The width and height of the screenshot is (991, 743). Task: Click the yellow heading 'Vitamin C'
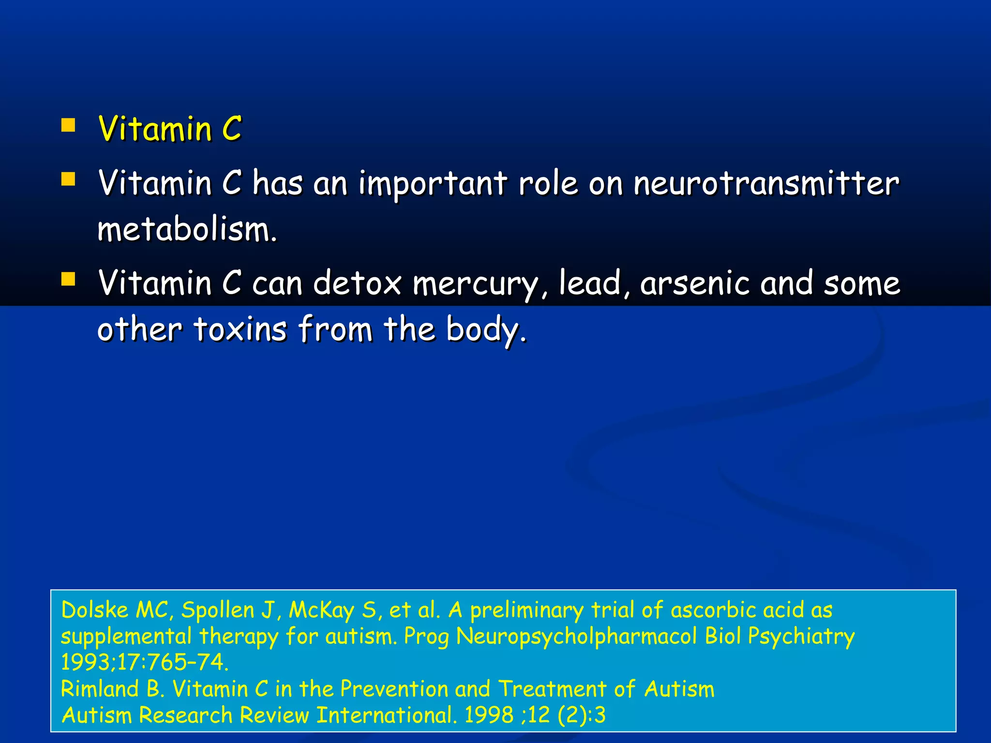169,129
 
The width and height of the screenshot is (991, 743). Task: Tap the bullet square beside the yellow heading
68,126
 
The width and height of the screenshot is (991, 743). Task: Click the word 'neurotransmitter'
766,183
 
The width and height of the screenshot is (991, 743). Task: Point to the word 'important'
433,184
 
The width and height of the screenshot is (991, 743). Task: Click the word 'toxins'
240,329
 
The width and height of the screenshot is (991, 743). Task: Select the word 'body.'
486,330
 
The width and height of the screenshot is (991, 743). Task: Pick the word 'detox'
357,283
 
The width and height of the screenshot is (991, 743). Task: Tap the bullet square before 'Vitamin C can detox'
68,279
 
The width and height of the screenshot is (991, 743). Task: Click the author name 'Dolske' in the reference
95,610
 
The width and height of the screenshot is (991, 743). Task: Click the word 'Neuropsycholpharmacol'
576,637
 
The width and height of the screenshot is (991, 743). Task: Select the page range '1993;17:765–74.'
145,662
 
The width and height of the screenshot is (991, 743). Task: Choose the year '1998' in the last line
489,715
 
